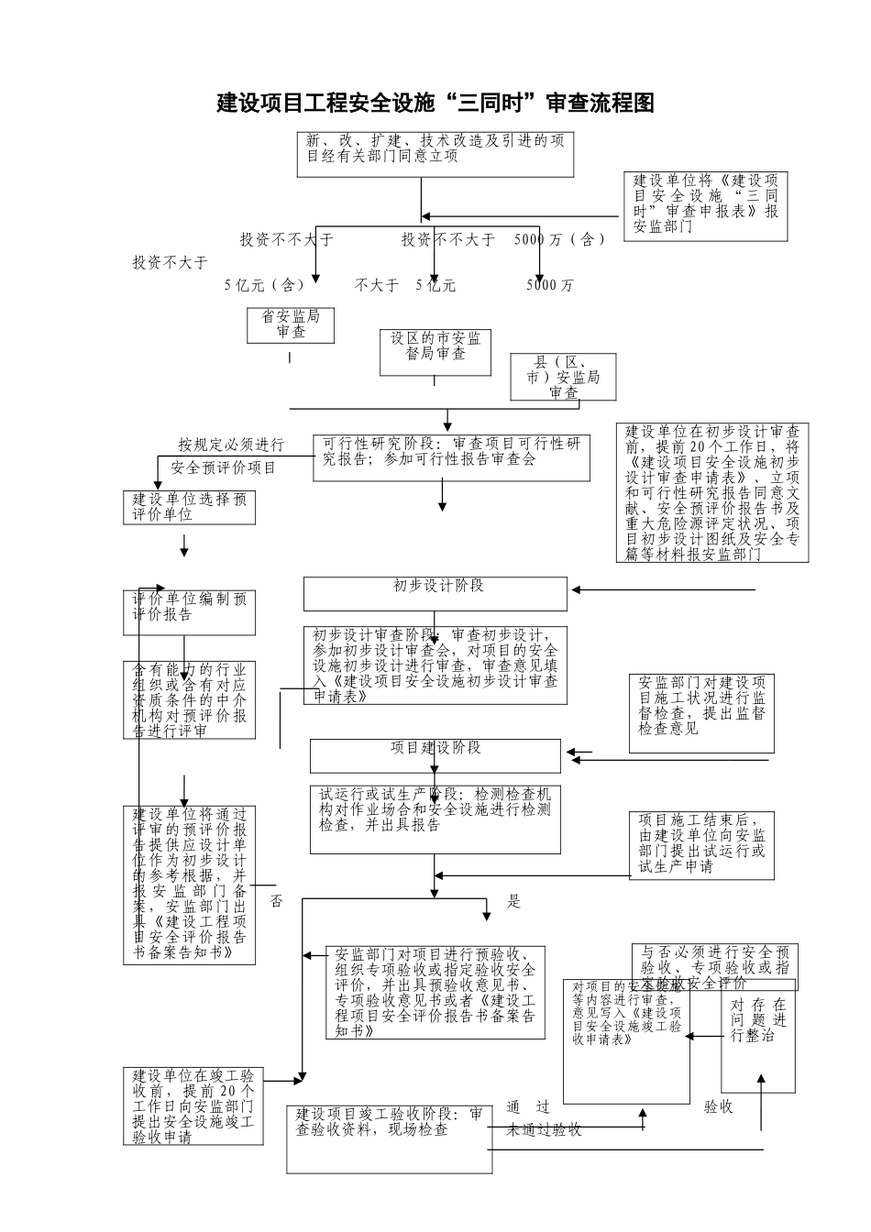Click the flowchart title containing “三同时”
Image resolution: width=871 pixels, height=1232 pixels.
tap(435, 103)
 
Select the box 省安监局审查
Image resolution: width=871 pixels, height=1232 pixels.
tap(291, 324)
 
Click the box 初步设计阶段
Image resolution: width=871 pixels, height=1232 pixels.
tap(435, 593)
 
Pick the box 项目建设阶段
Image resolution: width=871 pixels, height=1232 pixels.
tap(435, 755)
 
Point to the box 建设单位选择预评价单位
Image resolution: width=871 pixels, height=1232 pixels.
tap(190, 507)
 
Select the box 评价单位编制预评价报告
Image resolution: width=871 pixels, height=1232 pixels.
tap(190, 612)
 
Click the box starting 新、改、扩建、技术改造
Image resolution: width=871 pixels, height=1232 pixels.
tap(435, 154)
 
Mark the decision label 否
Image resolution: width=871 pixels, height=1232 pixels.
tap(277, 902)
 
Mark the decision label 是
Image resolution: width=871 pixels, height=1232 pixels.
tap(513, 902)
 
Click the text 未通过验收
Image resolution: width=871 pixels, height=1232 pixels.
tap(545, 1129)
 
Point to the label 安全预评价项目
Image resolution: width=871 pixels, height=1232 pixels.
tap(224, 467)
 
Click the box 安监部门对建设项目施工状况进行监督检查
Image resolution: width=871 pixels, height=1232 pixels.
tap(701, 713)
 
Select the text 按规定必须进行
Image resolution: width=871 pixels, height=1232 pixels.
tap(231, 445)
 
